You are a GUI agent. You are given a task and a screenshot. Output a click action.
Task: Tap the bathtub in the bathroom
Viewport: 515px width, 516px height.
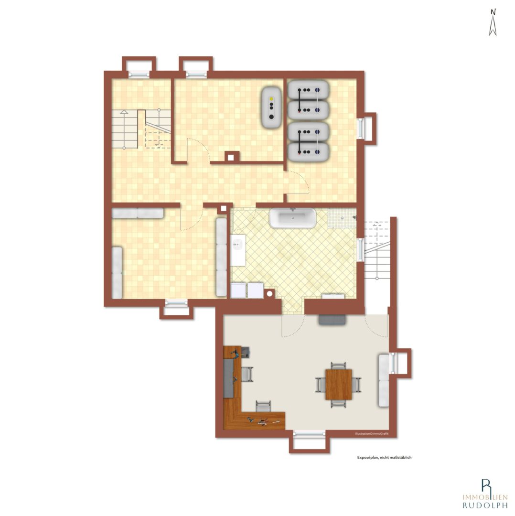[x=292, y=218]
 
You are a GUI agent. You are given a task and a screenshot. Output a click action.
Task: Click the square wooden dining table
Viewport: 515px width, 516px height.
[x=338, y=384]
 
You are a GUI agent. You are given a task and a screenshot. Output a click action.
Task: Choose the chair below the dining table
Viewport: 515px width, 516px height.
[x=338, y=404]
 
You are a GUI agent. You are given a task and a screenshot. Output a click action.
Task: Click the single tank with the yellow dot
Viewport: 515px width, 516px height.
[x=271, y=107]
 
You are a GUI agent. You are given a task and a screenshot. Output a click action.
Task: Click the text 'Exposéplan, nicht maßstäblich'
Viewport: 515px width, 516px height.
[x=384, y=457]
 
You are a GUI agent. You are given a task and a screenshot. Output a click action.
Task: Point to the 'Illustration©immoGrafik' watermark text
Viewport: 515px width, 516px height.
[x=372, y=434]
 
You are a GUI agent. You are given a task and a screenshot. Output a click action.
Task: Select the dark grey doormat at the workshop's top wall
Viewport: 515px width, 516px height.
[x=333, y=320]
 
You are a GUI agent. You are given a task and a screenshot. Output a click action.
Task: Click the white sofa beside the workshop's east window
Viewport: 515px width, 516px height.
[x=384, y=380]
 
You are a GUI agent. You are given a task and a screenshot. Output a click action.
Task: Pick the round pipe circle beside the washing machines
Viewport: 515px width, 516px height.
[x=270, y=294]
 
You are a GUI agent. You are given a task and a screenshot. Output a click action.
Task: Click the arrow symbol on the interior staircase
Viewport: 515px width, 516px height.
[x=124, y=112]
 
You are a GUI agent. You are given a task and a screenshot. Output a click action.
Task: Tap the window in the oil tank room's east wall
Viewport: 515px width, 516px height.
[x=362, y=128]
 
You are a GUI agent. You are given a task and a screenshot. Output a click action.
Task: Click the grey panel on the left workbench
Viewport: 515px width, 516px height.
[x=229, y=377]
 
